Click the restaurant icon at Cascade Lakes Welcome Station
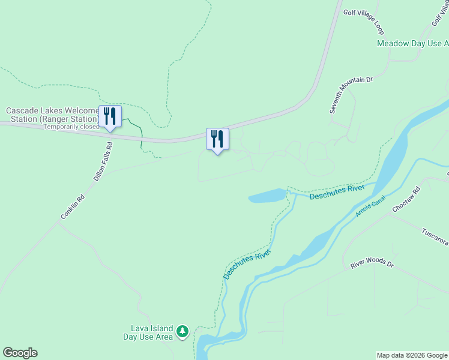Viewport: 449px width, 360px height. (x=110, y=115)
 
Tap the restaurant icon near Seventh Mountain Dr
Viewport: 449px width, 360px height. (x=217, y=139)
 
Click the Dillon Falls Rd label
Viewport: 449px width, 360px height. (x=103, y=161)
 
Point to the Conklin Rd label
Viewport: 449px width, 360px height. (x=73, y=207)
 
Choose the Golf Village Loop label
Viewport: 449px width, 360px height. (x=364, y=22)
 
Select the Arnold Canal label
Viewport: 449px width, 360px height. (x=370, y=205)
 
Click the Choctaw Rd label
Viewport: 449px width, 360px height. (x=406, y=200)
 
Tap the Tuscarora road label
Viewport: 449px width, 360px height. (x=435, y=236)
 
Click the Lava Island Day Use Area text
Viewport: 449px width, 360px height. (x=151, y=332)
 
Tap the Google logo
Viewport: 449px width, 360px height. (x=20, y=353)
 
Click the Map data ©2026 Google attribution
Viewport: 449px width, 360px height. (x=412, y=355)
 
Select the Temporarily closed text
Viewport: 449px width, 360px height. (x=71, y=127)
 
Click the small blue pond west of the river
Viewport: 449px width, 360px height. (x=267, y=196)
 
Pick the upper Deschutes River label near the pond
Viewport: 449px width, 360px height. (x=337, y=192)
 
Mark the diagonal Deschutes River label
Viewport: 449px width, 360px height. (x=247, y=264)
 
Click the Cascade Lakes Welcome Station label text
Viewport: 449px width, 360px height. (x=52, y=115)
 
